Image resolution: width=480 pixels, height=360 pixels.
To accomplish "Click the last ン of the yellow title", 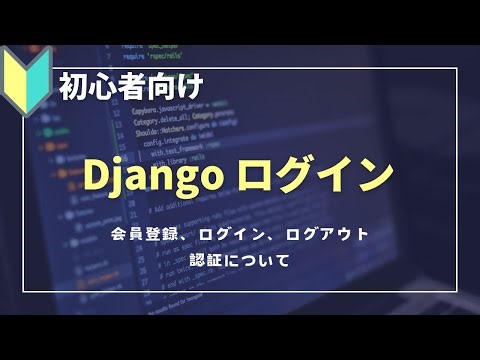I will point(372,176).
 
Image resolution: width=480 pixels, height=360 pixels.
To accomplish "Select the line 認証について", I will point(239,261).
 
